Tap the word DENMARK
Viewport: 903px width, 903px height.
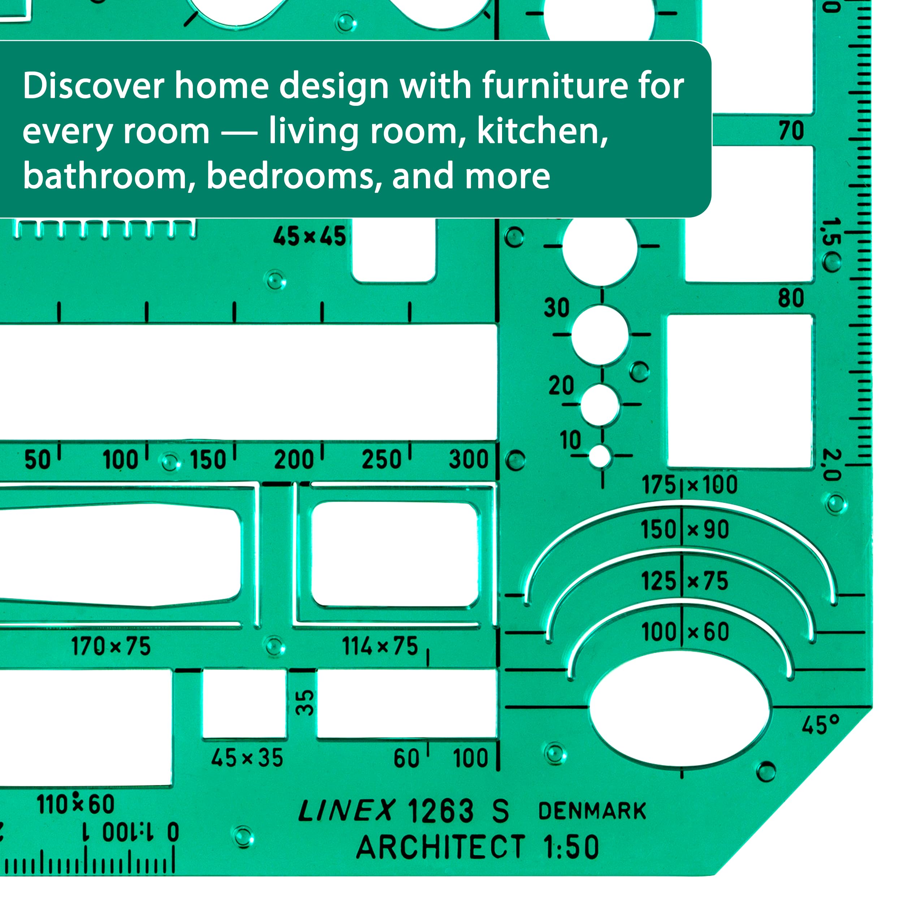coord(592,811)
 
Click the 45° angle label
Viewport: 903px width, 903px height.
coord(821,725)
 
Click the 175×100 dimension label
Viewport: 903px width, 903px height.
coord(690,485)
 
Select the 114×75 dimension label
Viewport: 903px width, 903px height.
coord(380,647)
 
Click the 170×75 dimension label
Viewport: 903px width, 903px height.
coord(111,647)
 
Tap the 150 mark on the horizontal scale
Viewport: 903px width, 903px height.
coord(208,459)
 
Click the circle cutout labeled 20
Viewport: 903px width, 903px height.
coord(600,405)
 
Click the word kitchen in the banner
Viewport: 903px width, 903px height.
coord(542,132)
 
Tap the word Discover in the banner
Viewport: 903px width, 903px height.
coord(94,86)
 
